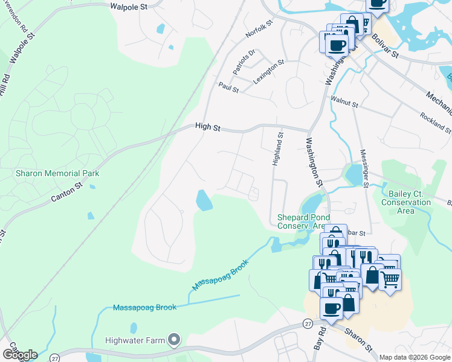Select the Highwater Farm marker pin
click(175, 340)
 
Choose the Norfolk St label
click(259, 28)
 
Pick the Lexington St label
click(269, 71)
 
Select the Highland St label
click(277, 151)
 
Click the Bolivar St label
click(387, 46)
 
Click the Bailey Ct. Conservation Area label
click(406, 203)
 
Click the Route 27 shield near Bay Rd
click(308, 324)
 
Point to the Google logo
click(20, 354)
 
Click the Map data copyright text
click(414, 357)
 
